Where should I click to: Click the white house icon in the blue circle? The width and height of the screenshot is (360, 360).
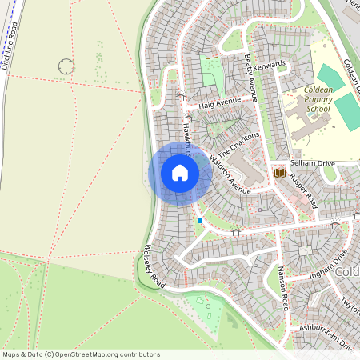coord(180,173)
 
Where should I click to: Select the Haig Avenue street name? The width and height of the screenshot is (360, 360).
coord(219,102)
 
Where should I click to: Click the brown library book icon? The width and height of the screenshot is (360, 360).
coord(280,172)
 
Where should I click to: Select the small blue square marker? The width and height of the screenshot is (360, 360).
coord(200,221)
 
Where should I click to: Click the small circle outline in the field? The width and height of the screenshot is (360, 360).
coord(66,66)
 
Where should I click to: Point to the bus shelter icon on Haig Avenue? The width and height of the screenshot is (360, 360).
coord(181,98)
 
